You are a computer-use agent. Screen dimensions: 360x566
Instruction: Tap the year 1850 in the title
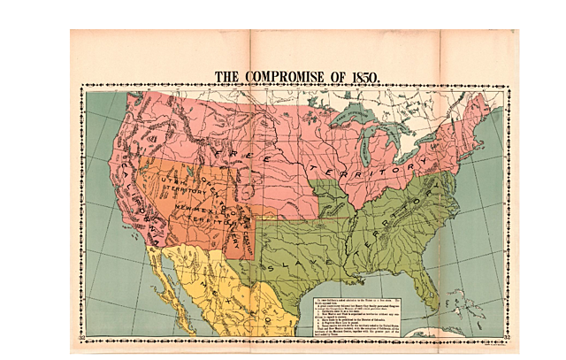pyautogui.click(x=362, y=77)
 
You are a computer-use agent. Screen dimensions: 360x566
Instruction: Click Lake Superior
pyautogui.click(x=356, y=116)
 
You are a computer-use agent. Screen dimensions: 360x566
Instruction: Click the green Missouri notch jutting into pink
pyautogui.click(x=333, y=199)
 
